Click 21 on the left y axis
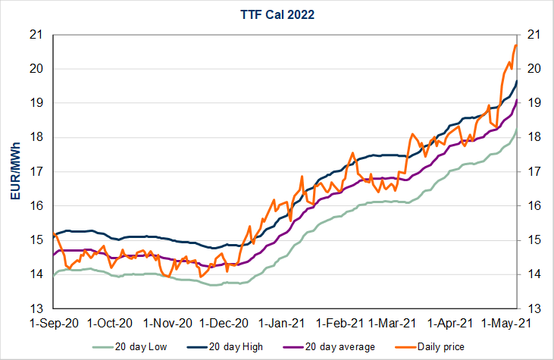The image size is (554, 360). [36, 34]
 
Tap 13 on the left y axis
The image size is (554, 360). [36, 308]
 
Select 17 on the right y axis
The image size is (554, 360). [533, 171]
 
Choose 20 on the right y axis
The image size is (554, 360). [533, 68]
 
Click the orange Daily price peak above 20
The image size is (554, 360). [515, 45]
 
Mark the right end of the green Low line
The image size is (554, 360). [517, 130]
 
